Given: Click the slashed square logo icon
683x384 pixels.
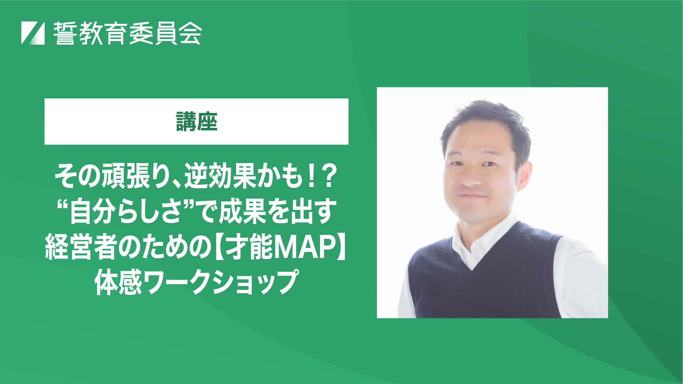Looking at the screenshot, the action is coord(33,33).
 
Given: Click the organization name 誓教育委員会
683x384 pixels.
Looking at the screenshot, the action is coord(128,33).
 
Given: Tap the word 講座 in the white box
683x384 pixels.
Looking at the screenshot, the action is coord(197,121).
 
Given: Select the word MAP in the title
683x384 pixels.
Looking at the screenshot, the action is coord(303,247).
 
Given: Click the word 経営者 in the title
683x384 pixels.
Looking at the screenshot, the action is coord(81,247).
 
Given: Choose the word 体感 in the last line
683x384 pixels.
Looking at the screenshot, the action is coord(118,282).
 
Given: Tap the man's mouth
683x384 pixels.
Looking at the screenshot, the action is coord(472,196).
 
